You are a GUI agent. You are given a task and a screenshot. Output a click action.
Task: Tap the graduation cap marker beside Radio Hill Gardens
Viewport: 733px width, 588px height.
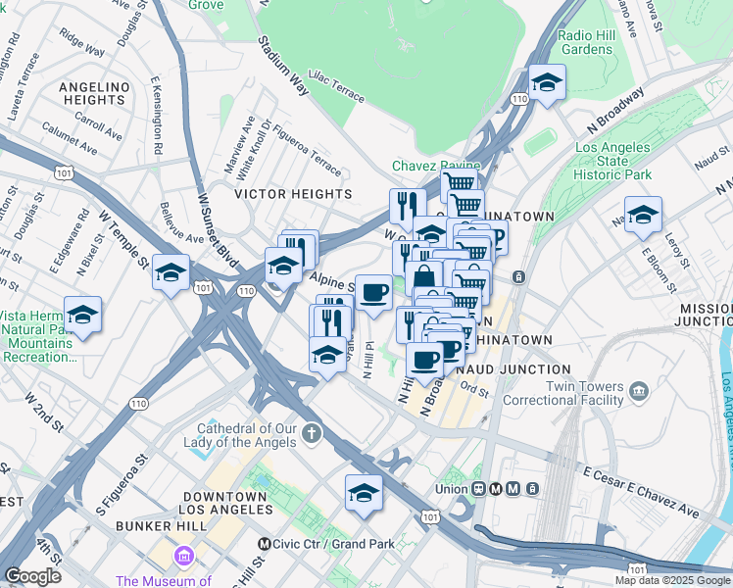(547, 81)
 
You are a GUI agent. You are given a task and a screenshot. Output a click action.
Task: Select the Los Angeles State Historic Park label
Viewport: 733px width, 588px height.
(613, 161)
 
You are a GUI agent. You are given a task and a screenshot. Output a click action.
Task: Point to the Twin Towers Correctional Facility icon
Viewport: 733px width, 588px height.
(640, 392)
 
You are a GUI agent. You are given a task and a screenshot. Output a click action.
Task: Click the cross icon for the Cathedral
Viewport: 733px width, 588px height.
(312, 432)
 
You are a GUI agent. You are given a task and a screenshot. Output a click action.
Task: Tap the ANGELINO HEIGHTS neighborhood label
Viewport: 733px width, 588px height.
(94, 93)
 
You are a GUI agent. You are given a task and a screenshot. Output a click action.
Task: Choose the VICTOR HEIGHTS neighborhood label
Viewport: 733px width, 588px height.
(292, 194)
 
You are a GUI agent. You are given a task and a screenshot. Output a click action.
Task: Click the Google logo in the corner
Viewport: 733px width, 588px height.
(32, 576)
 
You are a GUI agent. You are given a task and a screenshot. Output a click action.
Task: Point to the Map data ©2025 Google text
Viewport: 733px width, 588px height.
(672, 580)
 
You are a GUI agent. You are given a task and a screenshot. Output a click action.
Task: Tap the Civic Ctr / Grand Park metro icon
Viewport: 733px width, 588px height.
(264, 544)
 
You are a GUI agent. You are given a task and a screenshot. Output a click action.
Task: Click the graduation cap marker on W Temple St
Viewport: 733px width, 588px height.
(171, 272)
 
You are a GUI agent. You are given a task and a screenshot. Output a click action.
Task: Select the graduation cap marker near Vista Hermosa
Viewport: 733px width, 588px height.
(83, 316)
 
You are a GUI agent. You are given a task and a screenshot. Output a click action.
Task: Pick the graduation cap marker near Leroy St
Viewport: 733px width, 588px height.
(643, 215)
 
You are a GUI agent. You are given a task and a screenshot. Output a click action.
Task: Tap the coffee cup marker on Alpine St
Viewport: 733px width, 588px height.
(372, 293)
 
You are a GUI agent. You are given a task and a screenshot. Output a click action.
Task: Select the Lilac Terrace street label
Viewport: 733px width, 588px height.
(336, 85)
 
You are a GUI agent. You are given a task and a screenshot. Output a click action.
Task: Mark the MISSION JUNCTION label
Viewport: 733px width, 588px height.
(706, 314)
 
